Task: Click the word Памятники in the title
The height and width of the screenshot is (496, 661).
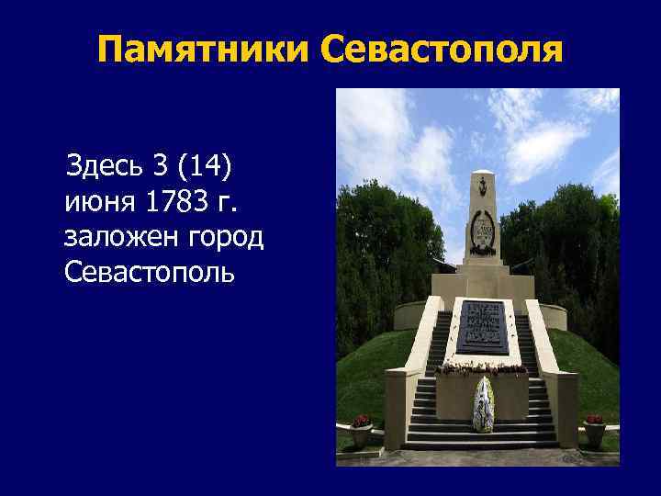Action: click(204, 50)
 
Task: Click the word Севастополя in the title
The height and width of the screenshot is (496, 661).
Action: click(442, 50)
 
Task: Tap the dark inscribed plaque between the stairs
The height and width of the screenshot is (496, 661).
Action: click(482, 326)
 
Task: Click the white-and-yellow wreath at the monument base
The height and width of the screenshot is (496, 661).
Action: click(483, 404)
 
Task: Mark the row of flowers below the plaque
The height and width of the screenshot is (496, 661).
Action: click(482, 368)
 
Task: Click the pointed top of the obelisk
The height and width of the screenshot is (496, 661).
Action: click(483, 175)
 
